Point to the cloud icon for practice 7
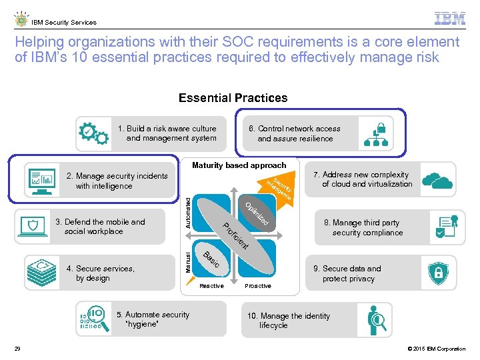437,179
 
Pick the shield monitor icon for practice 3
35,227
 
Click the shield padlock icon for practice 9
438,273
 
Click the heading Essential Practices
233,98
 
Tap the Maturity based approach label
239,165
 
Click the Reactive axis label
212,286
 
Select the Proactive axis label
258,286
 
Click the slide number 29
17,349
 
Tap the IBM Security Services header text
64,22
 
